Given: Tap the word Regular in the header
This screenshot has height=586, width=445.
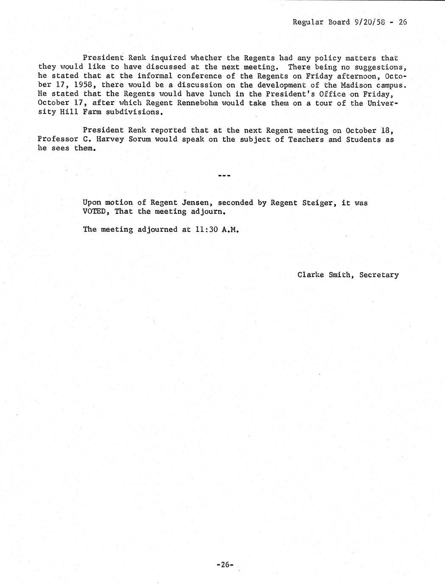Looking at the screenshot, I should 308,22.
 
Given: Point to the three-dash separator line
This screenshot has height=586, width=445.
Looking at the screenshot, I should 224,175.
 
